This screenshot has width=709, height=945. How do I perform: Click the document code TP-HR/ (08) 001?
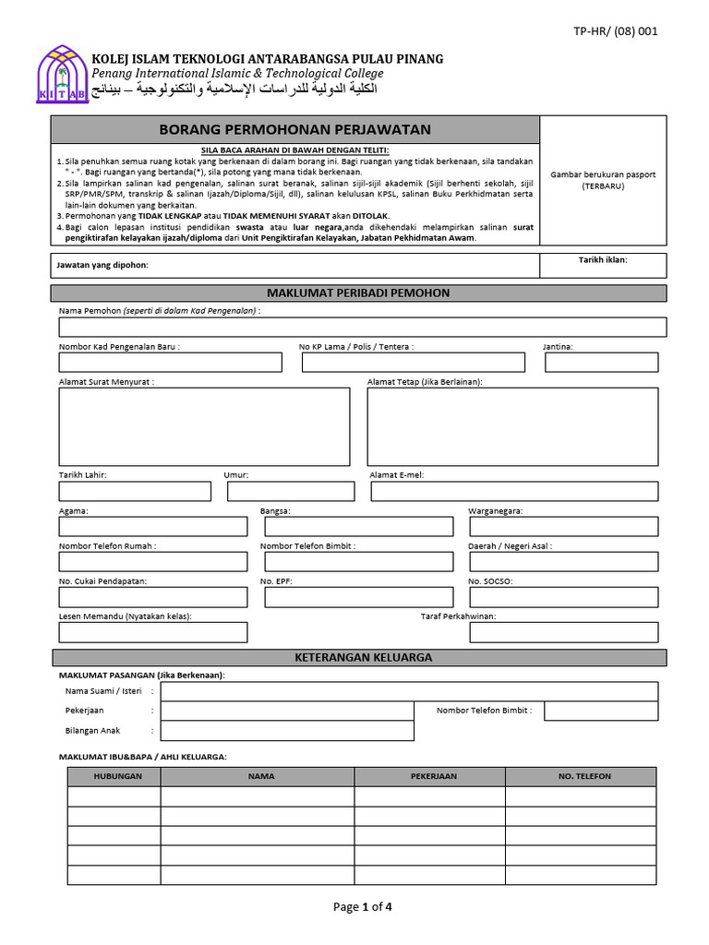pos(616,30)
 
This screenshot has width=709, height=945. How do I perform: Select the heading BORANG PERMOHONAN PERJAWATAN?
pos(294,130)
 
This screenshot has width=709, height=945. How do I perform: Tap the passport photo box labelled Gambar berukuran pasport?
pos(603,180)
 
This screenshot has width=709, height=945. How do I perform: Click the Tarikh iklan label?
pos(603,259)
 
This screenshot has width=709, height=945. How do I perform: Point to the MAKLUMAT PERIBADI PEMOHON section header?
pos(358,293)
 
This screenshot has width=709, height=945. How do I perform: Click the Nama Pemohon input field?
pos(362,328)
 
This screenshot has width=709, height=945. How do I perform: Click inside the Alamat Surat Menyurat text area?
pos(204,426)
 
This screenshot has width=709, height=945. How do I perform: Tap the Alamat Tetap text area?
pos(512,426)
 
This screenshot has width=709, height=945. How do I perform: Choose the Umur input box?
pos(290,491)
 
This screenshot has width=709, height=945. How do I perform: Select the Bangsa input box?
pos(358,526)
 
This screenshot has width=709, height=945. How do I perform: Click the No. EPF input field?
pos(358,597)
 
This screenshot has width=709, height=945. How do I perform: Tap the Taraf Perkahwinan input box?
pos(567,632)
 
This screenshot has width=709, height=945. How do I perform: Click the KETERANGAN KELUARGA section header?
pos(358,657)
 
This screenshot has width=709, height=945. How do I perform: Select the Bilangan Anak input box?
pos(287,731)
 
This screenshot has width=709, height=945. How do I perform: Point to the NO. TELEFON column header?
pos(583,776)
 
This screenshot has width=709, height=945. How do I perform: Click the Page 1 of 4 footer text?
pos(363,906)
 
